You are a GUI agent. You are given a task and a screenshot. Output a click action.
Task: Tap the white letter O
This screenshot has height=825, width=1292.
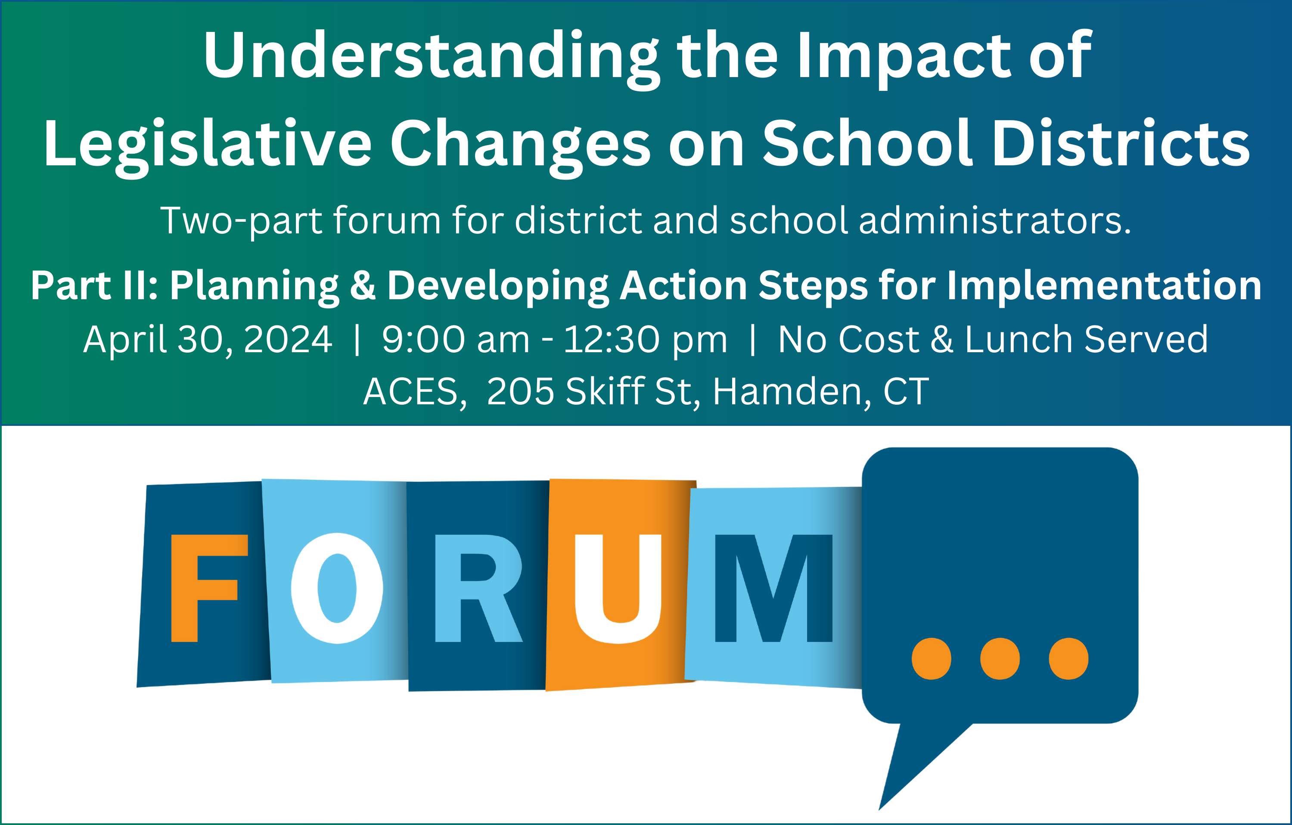pos(337,588)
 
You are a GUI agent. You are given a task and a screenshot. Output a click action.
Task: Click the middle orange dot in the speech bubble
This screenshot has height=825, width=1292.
pos(1000,659)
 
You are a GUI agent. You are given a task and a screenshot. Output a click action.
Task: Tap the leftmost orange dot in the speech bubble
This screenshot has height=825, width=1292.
pos(932,659)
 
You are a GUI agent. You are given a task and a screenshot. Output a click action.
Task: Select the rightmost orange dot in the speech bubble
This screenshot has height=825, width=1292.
pos(1069,659)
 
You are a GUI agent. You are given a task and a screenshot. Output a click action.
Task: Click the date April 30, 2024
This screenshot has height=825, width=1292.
pos(208,340)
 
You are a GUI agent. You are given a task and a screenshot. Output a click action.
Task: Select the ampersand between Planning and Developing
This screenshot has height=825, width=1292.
pos(363,285)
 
